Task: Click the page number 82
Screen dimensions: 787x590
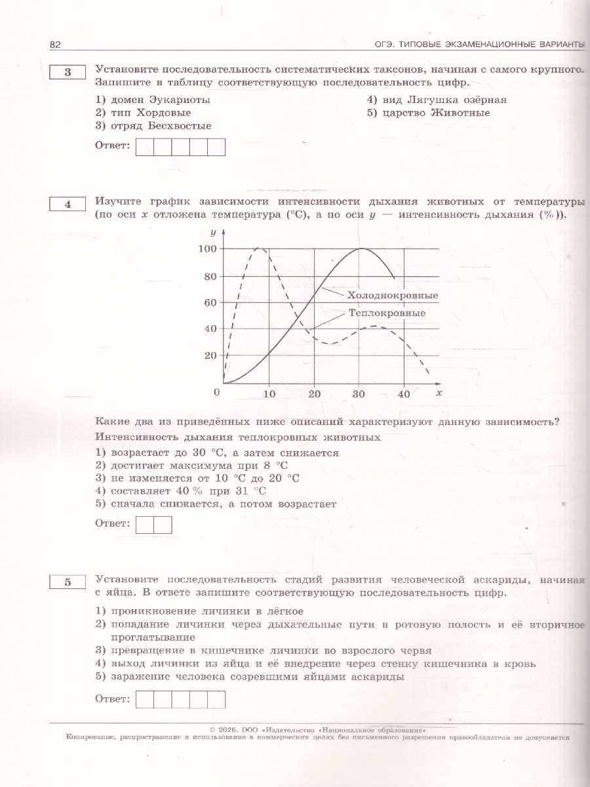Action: (x=55, y=44)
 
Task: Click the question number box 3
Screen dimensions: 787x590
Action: (x=67, y=73)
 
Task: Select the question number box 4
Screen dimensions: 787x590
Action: (x=67, y=204)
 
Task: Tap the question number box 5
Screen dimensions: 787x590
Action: (x=67, y=582)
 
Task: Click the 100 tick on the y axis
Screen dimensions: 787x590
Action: (x=206, y=249)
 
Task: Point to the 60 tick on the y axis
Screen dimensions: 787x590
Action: (x=210, y=302)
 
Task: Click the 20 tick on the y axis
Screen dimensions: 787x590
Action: (x=210, y=355)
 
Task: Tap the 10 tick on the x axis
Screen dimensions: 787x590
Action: (x=269, y=394)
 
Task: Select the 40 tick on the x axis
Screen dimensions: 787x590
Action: (x=404, y=394)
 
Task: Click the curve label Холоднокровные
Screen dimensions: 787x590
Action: (x=392, y=296)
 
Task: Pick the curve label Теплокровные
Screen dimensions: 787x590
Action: (x=387, y=313)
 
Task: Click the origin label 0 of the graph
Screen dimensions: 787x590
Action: (x=217, y=392)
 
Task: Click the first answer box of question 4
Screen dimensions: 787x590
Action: (x=144, y=525)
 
